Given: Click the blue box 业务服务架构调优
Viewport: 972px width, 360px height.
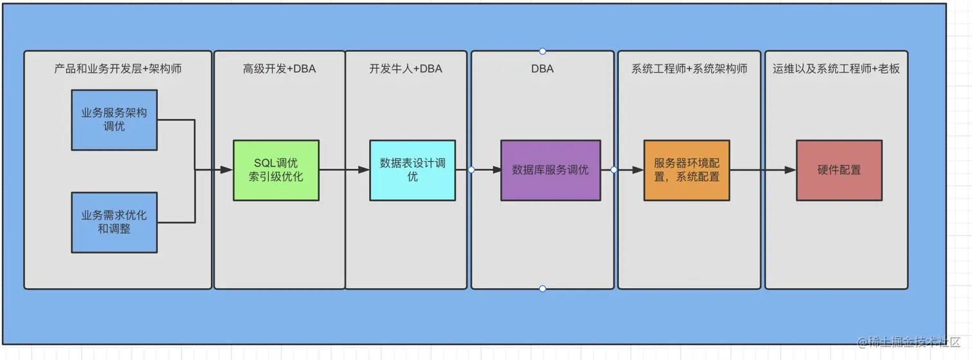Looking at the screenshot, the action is pyautogui.click(x=114, y=120).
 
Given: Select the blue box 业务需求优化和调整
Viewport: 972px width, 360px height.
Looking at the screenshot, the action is pyautogui.click(x=114, y=222).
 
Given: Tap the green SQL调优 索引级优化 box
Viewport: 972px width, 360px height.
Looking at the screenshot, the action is pyautogui.click(x=276, y=170).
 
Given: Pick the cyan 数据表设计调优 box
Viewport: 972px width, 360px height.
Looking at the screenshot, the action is pyautogui.click(x=412, y=170).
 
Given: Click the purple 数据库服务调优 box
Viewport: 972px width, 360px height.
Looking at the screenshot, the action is pyautogui.click(x=551, y=170).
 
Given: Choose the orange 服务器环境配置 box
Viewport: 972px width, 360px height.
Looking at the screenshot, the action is pyautogui.click(x=687, y=170).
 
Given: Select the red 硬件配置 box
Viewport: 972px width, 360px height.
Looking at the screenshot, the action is pyautogui.click(x=839, y=170).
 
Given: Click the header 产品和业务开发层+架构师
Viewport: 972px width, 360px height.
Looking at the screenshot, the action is pyautogui.click(x=118, y=69).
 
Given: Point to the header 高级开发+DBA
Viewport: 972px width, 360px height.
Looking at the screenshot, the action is pyautogui.click(x=280, y=69).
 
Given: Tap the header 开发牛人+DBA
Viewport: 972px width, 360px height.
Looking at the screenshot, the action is pyautogui.click(x=406, y=69).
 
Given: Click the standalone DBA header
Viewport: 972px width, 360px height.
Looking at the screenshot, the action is pyautogui.click(x=543, y=69).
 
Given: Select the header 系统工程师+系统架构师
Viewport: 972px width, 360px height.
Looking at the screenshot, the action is pyautogui.click(x=689, y=69).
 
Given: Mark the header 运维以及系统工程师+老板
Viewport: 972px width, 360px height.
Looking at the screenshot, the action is pyautogui.click(x=836, y=69).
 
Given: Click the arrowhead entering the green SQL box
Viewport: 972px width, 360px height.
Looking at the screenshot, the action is pyautogui.click(x=226, y=170).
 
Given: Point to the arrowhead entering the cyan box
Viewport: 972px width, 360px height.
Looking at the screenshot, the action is pyautogui.click(x=363, y=170).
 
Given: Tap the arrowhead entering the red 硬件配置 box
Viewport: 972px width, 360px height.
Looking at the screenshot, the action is pyautogui.click(x=789, y=170).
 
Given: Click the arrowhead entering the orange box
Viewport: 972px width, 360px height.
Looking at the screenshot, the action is pyautogui.click(x=638, y=170).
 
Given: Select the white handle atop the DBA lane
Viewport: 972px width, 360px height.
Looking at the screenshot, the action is pyautogui.click(x=543, y=51).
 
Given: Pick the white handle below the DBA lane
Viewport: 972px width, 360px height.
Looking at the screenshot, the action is pyautogui.click(x=543, y=289).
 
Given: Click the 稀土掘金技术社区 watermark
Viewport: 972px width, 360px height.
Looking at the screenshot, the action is pyautogui.click(x=909, y=342).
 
